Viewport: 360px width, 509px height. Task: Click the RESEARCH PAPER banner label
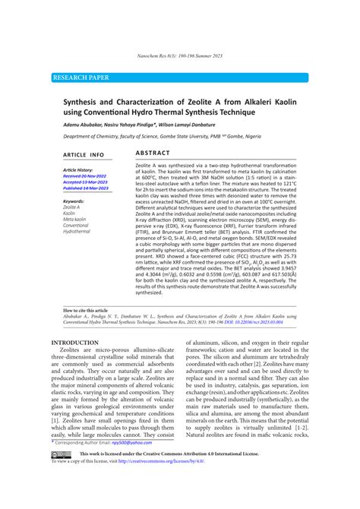pos(81,77)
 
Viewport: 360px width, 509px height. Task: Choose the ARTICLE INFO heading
pos(84,154)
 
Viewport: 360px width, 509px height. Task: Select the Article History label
pos(77,170)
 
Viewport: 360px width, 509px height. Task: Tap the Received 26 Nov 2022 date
pos(84,176)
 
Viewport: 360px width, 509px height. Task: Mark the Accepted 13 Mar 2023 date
pos(84,182)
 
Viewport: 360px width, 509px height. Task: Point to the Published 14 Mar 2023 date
pos(85,188)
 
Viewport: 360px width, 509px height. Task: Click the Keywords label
pos(74,201)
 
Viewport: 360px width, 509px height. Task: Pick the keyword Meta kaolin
pos(75,219)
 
